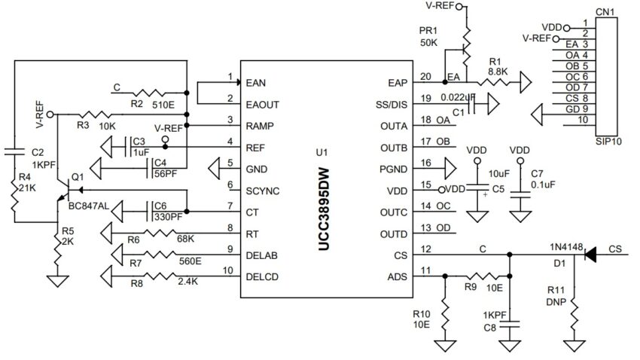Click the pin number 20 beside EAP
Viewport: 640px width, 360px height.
point(425,76)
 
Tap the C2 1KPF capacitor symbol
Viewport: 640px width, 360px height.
point(15,153)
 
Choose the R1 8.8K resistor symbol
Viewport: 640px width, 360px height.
point(495,82)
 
